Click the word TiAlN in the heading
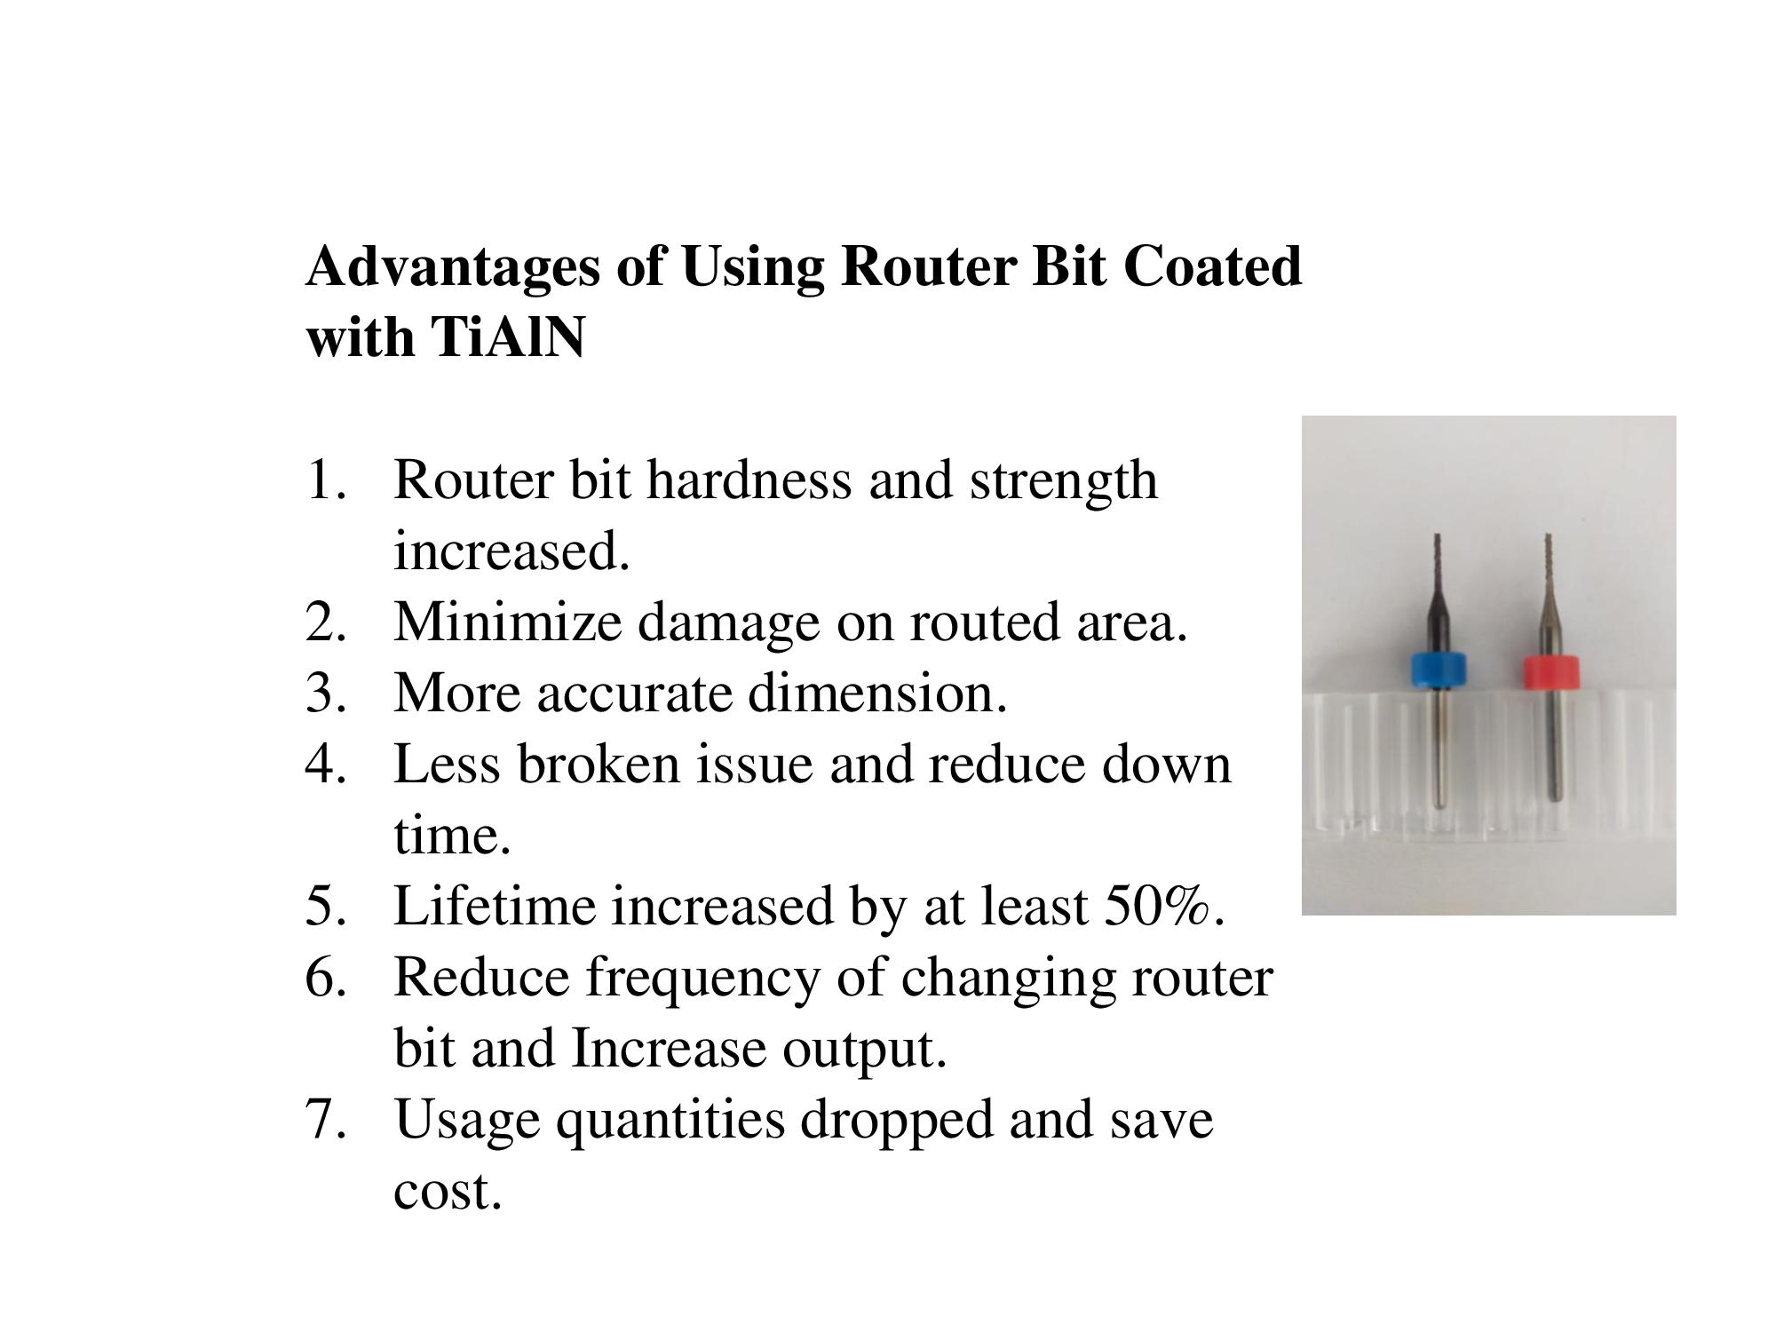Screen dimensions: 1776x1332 (x=507, y=338)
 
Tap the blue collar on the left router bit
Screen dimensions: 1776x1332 (x=1439, y=670)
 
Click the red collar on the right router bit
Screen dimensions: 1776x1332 (x=1550, y=672)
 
